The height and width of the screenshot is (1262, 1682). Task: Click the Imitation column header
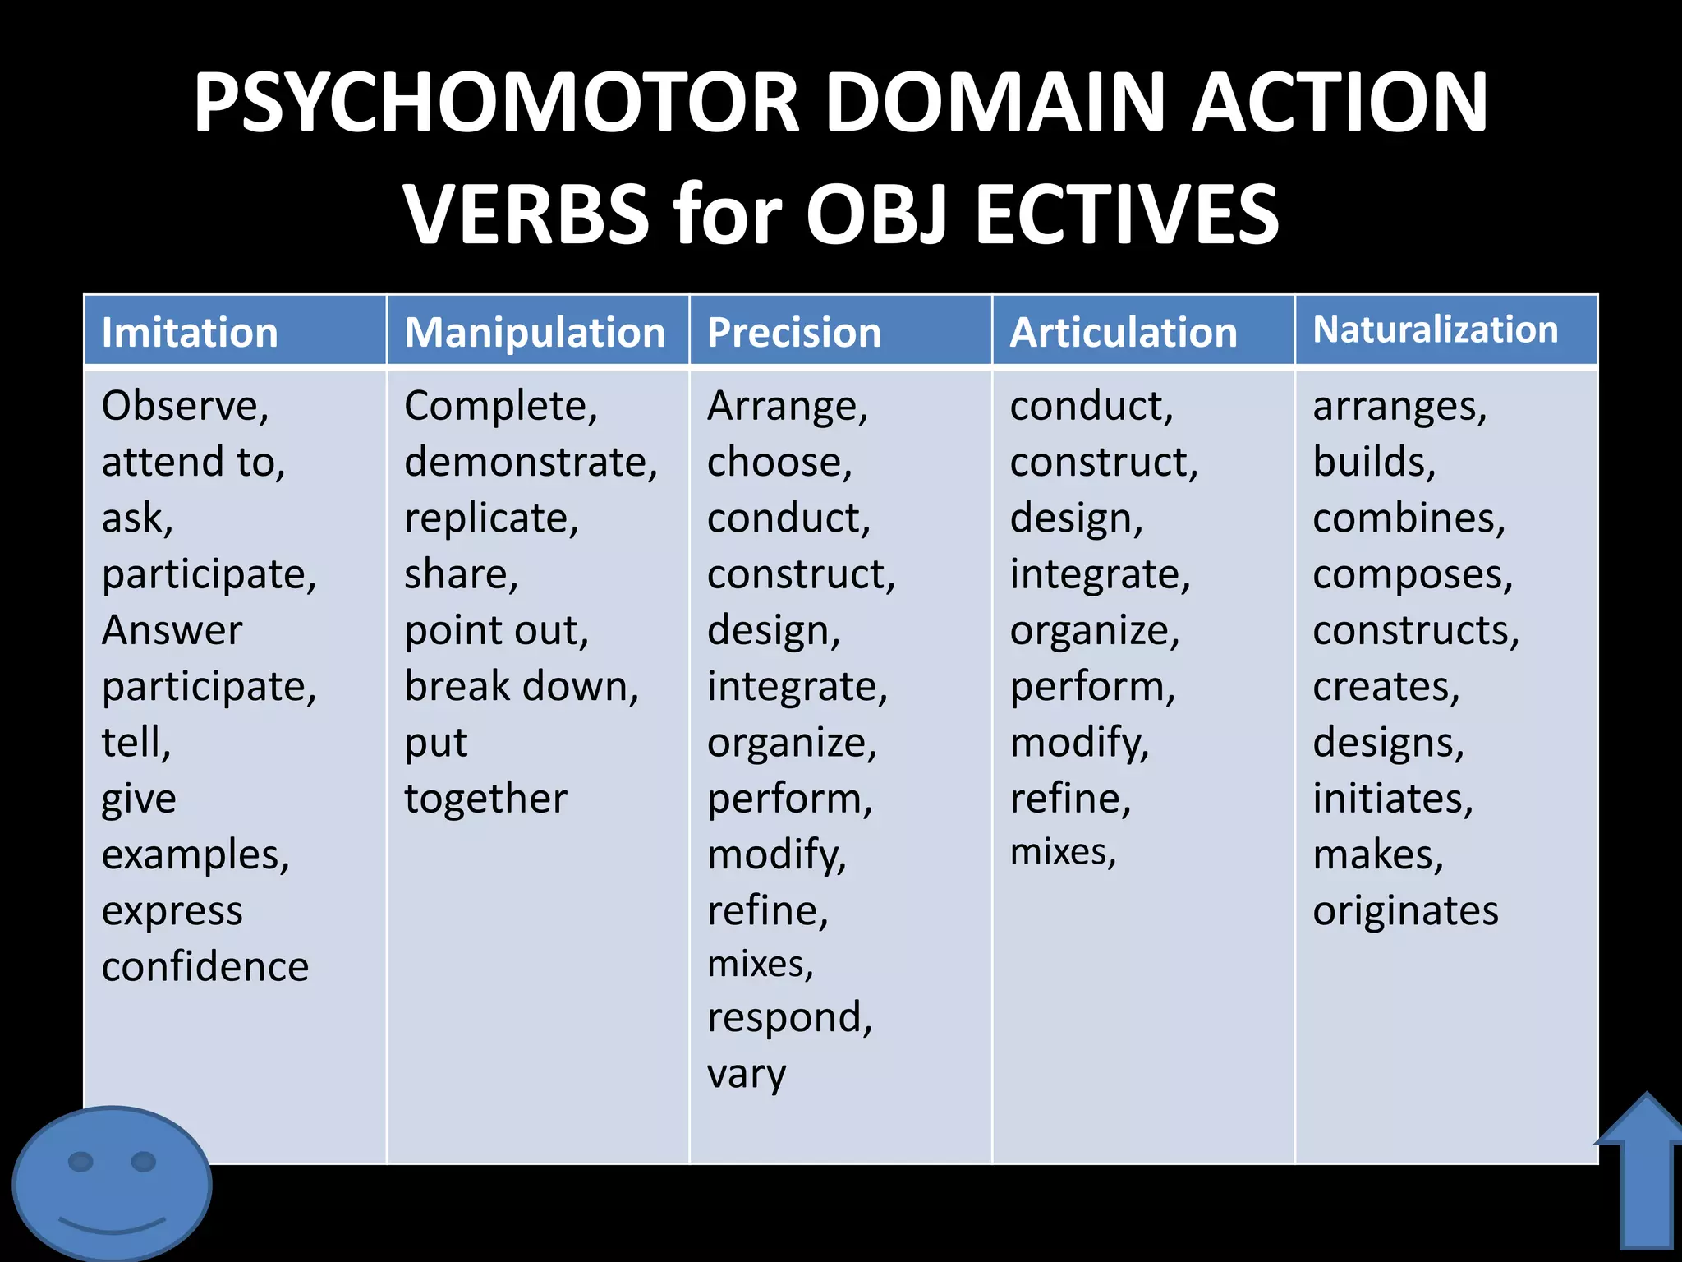[190, 333]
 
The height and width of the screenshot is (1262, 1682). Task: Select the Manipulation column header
[535, 333]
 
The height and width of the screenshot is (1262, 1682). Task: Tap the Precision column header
[794, 333]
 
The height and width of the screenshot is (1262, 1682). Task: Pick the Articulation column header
[1123, 333]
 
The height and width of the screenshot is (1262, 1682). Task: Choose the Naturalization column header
[1435, 329]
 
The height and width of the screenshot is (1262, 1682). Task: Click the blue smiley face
[112, 1183]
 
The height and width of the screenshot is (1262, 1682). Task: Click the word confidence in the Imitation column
[205, 967]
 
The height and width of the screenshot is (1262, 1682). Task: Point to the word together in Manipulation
[485, 799]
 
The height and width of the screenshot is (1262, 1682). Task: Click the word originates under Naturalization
[1405, 911]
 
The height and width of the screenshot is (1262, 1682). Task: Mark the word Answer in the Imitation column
[172, 631]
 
